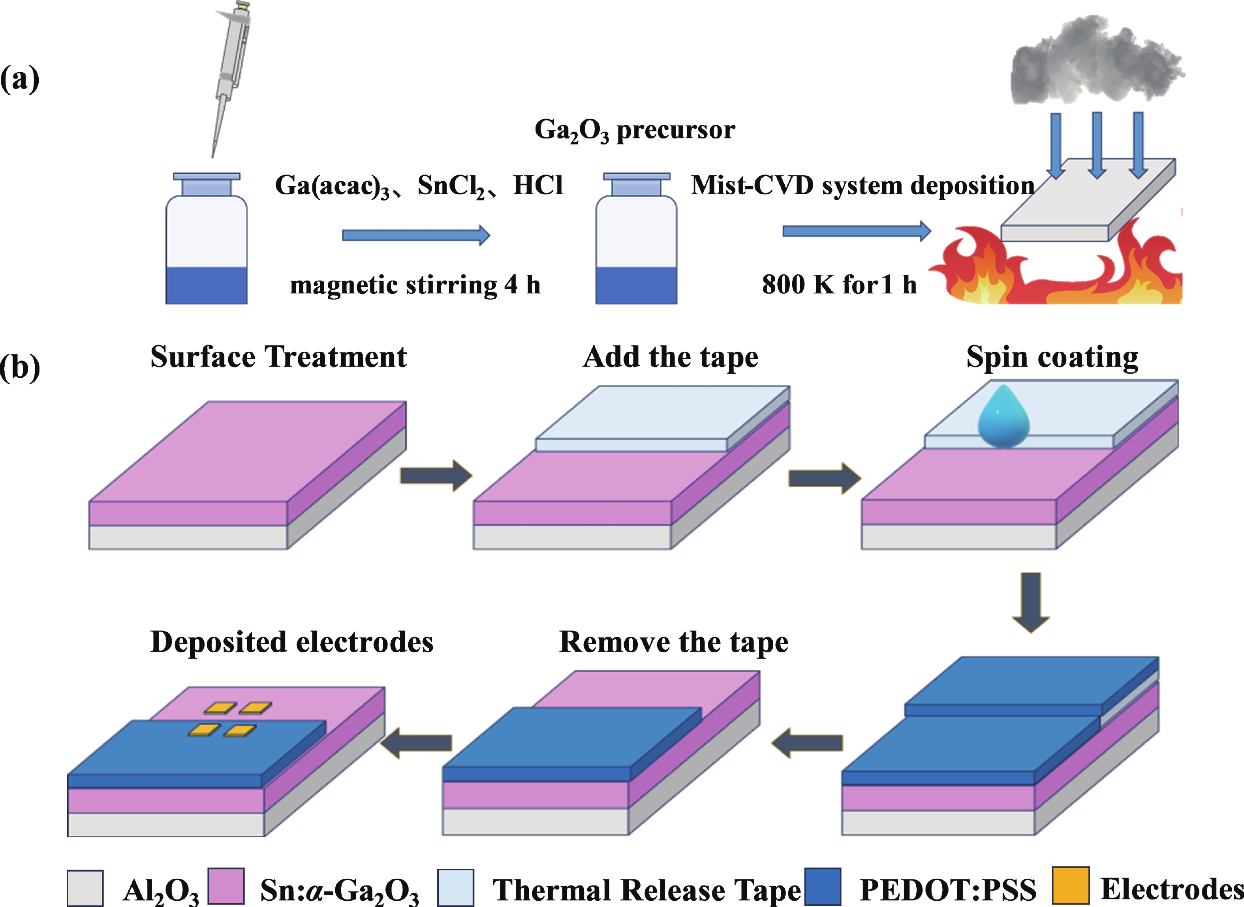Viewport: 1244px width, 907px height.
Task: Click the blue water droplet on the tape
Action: pyautogui.click(x=1003, y=417)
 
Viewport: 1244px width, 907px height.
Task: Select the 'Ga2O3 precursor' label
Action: pyautogui.click(x=634, y=131)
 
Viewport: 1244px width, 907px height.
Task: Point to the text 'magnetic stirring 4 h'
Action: pyautogui.click(x=415, y=285)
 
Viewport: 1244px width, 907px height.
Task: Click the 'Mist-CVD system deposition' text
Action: pyautogui.click(x=862, y=186)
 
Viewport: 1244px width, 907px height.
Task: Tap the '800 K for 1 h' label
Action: pyautogui.click(x=839, y=285)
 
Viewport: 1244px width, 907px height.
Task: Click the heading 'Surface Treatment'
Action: pyautogui.click(x=278, y=357)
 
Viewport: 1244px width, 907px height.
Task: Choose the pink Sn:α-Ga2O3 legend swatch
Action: pyautogui.click(x=226, y=886)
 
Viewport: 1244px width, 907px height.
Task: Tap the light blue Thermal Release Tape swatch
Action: pyautogui.click(x=455, y=887)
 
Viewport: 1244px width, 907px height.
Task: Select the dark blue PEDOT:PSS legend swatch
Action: pyautogui.click(x=823, y=886)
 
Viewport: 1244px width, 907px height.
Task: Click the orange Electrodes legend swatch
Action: pyautogui.click(x=1071, y=885)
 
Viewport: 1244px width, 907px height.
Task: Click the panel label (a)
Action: pyautogui.click(x=20, y=80)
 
